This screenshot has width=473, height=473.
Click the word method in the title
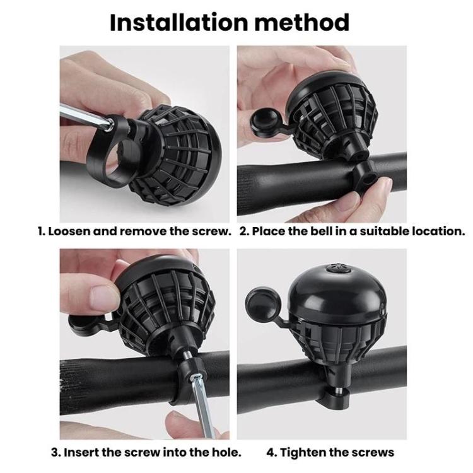tap(308, 22)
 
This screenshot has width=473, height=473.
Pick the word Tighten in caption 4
tap(307, 452)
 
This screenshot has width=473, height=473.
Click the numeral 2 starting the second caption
tap(245, 231)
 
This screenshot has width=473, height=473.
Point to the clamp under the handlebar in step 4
tap(334, 399)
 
